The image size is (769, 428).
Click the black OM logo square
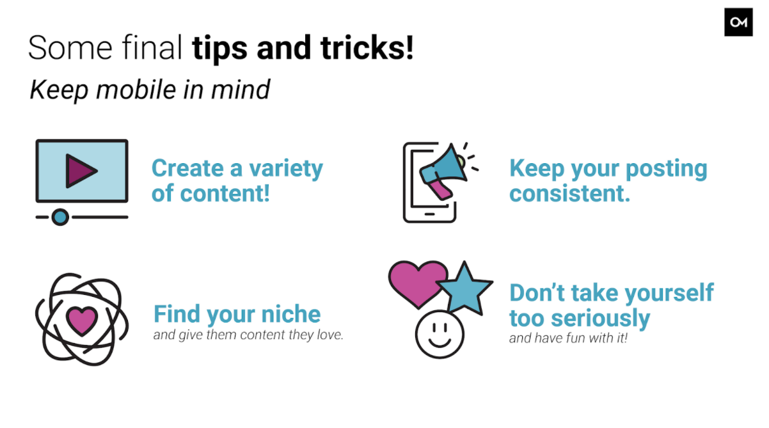click(738, 22)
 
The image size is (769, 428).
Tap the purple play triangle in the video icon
click(80, 171)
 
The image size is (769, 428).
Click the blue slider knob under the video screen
click(60, 217)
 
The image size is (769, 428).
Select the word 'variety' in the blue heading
click(286, 170)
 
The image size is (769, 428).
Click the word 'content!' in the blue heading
click(225, 194)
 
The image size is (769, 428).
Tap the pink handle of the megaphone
click(441, 189)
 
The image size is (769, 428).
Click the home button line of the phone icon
click(430, 214)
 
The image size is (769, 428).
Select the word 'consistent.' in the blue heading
click(570, 194)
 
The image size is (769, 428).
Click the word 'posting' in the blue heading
click(667, 170)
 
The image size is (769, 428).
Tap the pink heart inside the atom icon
click(82, 321)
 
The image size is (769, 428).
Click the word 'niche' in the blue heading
click(291, 313)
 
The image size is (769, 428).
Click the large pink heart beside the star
click(417, 283)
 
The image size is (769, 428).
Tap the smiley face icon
click(440, 335)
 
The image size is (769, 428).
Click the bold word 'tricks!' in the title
click(367, 48)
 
